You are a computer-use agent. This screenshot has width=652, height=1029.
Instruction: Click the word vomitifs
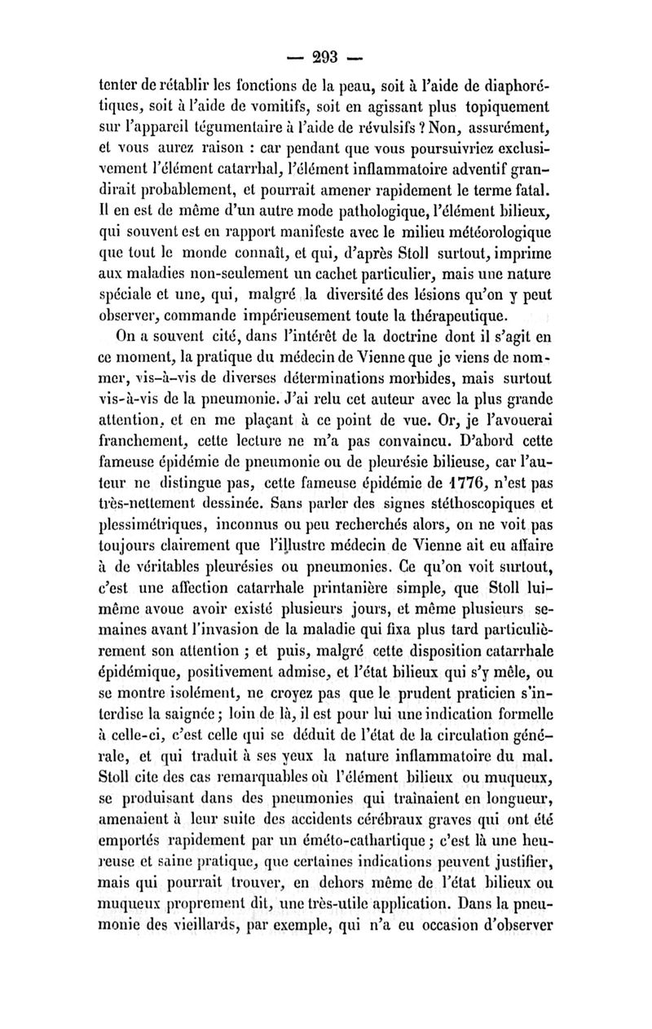pos(236,108)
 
